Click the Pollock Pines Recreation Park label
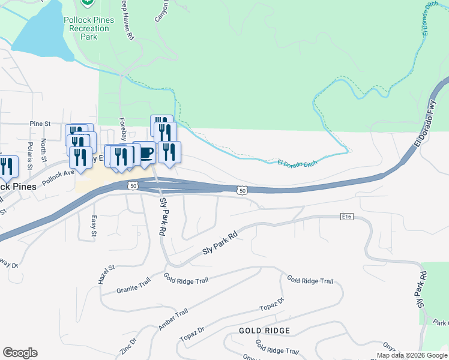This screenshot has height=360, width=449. (88, 28)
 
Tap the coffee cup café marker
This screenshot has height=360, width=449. (145, 153)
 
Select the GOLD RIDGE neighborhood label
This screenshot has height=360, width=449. (264, 331)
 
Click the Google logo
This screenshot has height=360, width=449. (20, 353)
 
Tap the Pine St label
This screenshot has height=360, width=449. (40, 124)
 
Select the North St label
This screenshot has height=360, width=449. (44, 151)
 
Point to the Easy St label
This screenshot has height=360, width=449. (94, 226)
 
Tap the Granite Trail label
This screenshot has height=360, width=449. (133, 287)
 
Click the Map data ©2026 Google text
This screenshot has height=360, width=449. (412, 355)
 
